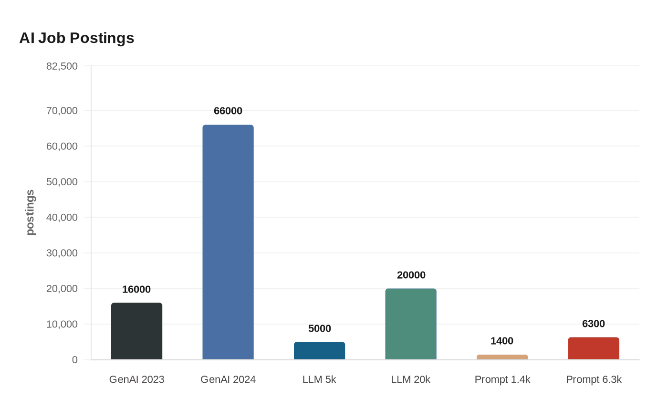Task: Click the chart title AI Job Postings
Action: (x=77, y=38)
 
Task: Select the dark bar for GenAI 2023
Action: (x=136, y=331)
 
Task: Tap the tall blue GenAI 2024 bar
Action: (x=228, y=242)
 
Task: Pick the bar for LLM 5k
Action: (x=319, y=351)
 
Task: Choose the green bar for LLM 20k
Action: (x=411, y=324)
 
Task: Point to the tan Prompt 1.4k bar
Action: (x=502, y=357)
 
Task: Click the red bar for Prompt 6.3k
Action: (x=594, y=348)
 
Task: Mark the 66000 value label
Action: (x=228, y=111)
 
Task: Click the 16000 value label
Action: (x=136, y=289)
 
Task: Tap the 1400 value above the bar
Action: (x=502, y=341)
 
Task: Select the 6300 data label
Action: (x=594, y=324)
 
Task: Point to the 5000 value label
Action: (x=319, y=328)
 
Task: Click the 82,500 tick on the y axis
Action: (x=62, y=66)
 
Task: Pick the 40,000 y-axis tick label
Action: (x=62, y=218)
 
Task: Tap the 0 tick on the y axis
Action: (x=74, y=360)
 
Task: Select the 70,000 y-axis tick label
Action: (x=62, y=111)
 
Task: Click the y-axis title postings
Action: (x=30, y=212)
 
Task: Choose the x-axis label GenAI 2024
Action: (x=228, y=379)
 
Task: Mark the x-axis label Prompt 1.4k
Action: (x=502, y=379)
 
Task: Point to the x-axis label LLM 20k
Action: (x=411, y=379)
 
